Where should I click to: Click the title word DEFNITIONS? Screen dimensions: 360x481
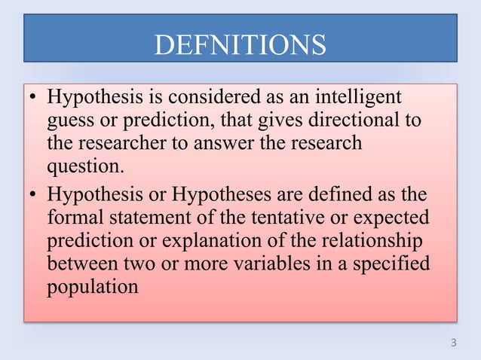[x=240, y=44]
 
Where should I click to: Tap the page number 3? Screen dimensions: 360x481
[x=452, y=343]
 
